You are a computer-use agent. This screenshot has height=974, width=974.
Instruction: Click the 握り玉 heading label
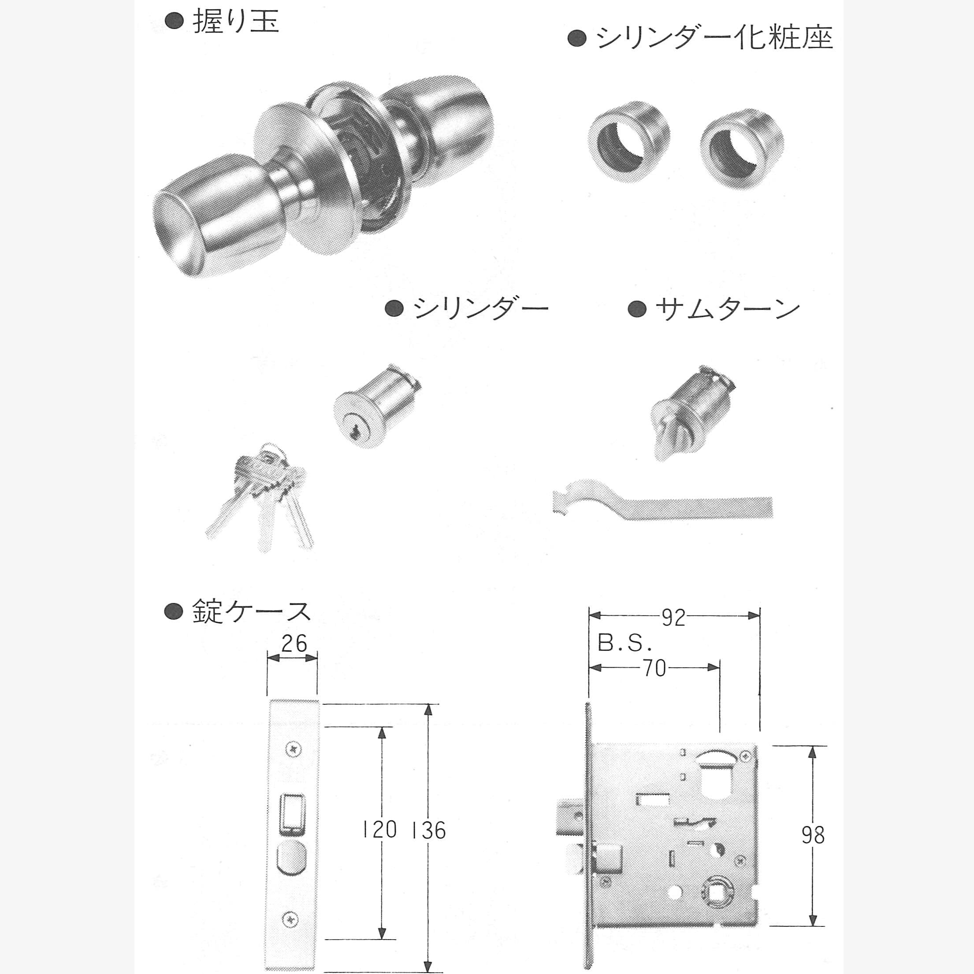coord(236,22)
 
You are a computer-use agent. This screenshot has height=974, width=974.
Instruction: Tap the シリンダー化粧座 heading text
coord(714,38)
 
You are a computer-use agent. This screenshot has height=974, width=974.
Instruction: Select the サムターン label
coord(728,309)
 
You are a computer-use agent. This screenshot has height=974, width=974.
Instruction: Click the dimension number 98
coord(813,835)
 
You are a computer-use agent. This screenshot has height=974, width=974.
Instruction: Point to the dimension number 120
coord(379,830)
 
